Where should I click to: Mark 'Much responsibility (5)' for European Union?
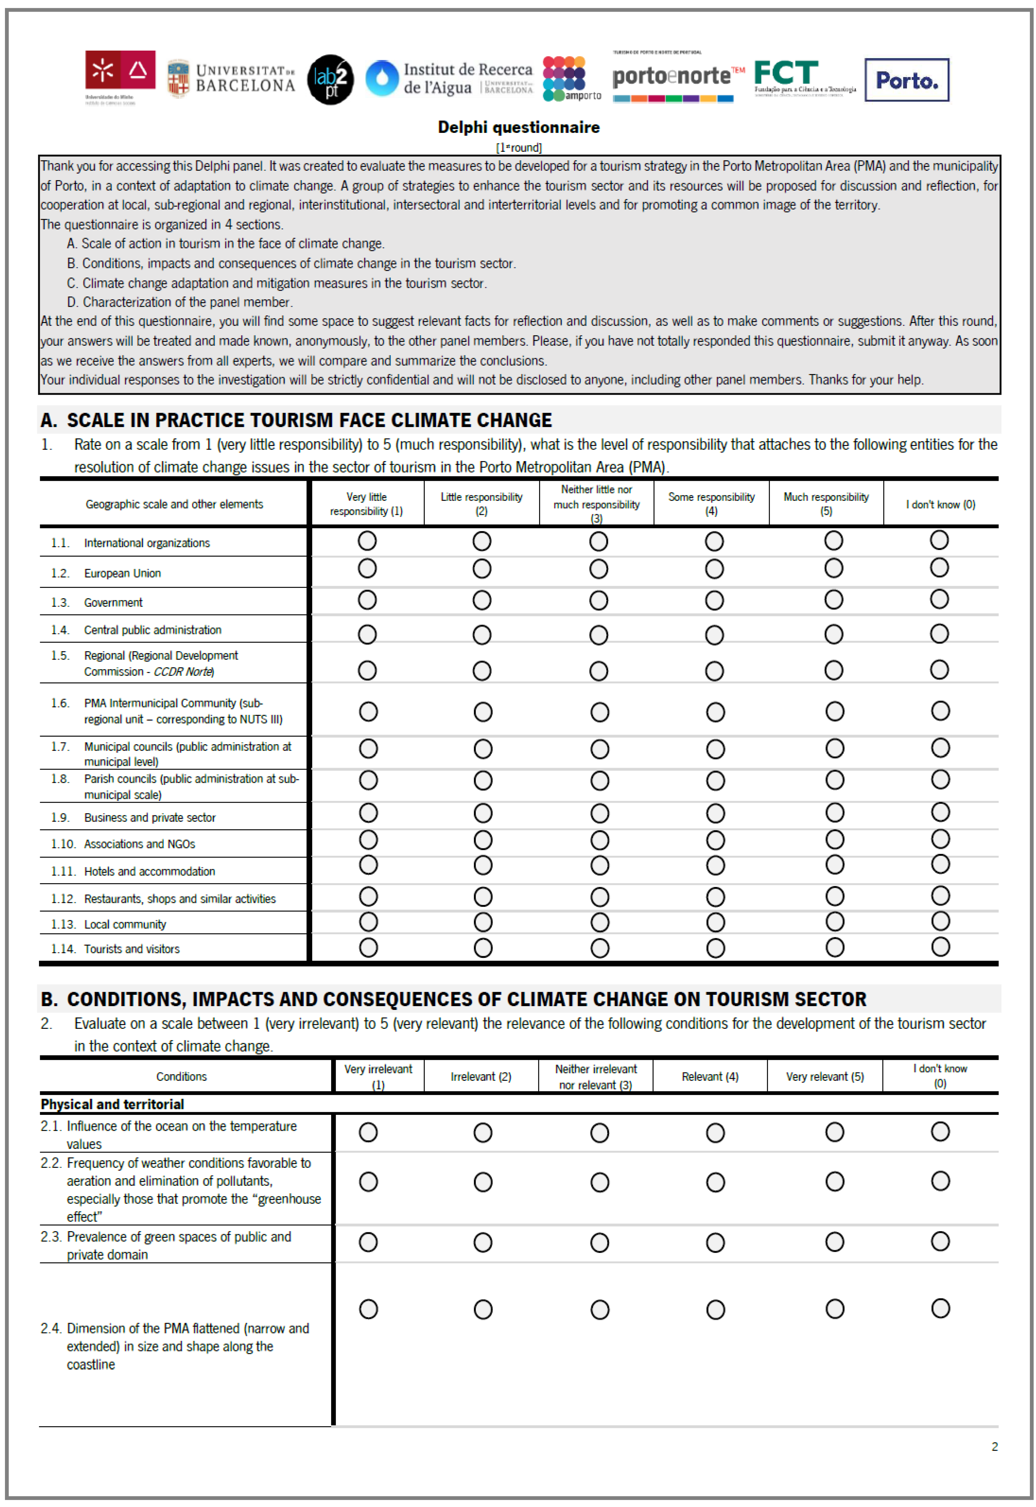tap(833, 569)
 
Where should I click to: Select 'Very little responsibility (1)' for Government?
tap(367, 600)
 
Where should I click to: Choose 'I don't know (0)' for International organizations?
tap(939, 540)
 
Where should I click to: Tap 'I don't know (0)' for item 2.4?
tap(941, 1308)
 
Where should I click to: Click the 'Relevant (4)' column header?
tap(710, 1077)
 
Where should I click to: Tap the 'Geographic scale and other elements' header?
tap(174, 504)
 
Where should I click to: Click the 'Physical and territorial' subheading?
tap(112, 1104)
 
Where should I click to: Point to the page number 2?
tap(994, 1447)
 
